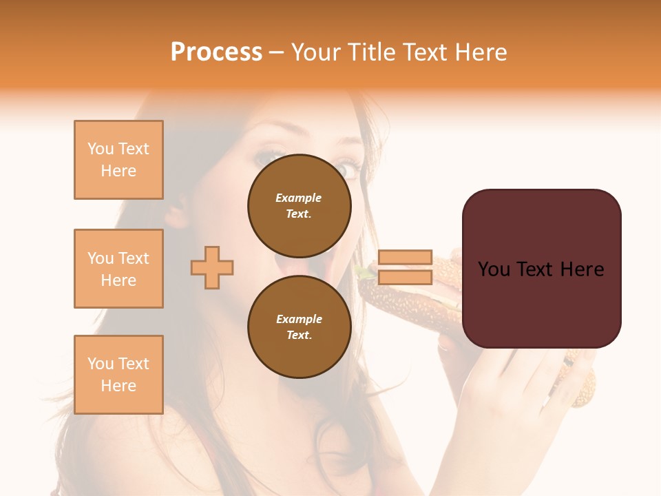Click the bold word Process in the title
click(x=216, y=52)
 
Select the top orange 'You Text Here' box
click(x=118, y=160)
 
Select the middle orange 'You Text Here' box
click(x=118, y=269)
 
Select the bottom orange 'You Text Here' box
click(x=118, y=374)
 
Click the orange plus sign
click(x=212, y=267)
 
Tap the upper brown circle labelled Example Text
click(x=300, y=205)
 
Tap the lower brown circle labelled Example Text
click(x=300, y=327)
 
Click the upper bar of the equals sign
click(x=406, y=257)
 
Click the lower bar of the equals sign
click(x=406, y=277)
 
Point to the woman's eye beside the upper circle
click(x=348, y=167)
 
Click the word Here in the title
click(x=476, y=52)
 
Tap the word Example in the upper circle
click(x=298, y=198)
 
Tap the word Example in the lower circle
click(x=299, y=319)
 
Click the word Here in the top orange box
click(x=118, y=171)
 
